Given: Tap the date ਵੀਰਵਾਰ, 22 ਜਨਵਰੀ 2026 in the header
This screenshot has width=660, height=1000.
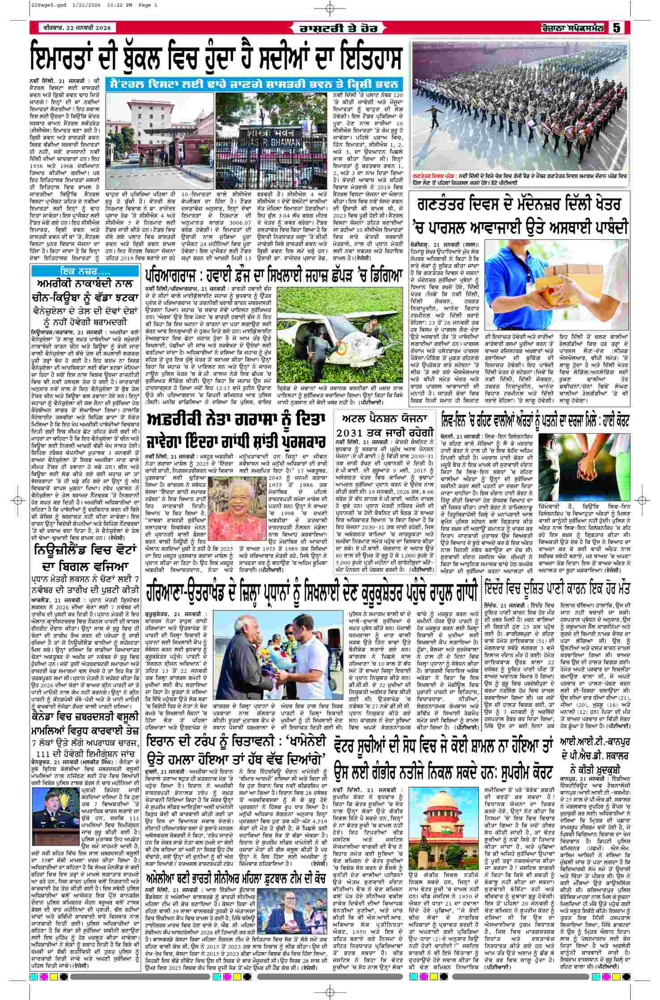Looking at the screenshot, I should click(74, 28).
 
